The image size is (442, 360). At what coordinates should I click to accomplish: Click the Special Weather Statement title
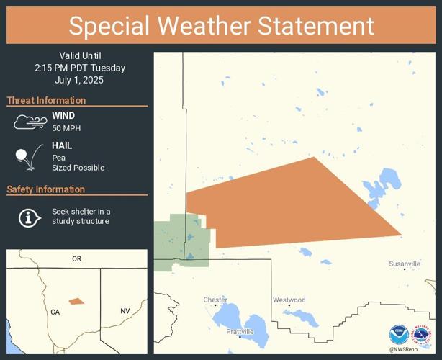pyautogui.click(x=221, y=26)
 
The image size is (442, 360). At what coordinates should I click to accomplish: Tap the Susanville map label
pyautogui.click(x=405, y=264)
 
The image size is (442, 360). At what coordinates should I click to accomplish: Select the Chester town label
pyautogui.click(x=215, y=300)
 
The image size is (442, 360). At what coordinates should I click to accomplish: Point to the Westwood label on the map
pyautogui.click(x=289, y=300)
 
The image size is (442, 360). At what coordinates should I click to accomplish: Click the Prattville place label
pyautogui.click(x=240, y=332)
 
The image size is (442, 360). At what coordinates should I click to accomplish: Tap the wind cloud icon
pyautogui.click(x=30, y=122)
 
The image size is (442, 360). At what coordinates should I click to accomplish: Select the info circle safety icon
pyautogui.click(x=28, y=217)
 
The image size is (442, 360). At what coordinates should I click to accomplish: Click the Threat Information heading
pyautogui.click(x=46, y=100)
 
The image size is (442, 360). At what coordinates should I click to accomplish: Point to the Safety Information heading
pyautogui.click(x=46, y=189)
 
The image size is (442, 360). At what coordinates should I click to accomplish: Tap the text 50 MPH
pyautogui.click(x=66, y=128)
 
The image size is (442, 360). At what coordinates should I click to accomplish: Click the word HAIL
pyautogui.click(x=62, y=145)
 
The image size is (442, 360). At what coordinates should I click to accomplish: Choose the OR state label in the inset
pyautogui.click(x=76, y=258)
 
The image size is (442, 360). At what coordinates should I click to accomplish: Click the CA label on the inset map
pyautogui.click(x=55, y=312)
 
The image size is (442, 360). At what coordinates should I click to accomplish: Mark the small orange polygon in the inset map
pyautogui.click(x=76, y=301)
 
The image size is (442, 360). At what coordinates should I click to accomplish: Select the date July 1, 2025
pyautogui.click(x=79, y=80)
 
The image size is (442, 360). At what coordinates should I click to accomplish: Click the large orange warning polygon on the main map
pyautogui.click(x=288, y=205)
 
